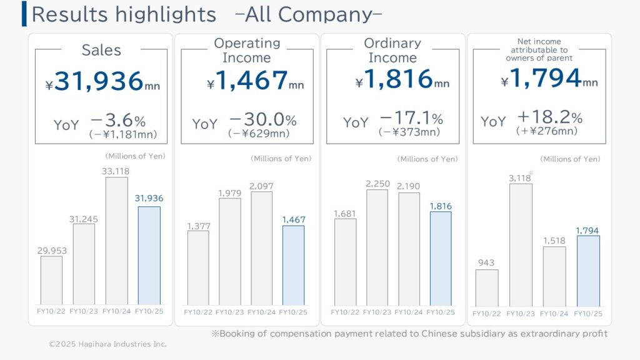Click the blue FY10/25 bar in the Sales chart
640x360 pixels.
pos(149,256)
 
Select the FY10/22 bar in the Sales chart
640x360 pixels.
pos(51,280)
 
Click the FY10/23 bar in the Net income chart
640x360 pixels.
pos(521,244)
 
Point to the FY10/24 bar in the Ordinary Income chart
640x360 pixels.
pos(409,249)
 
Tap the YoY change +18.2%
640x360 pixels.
pos(549,118)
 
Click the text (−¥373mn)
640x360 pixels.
pos(409,132)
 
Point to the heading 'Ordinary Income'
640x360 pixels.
pos(392,51)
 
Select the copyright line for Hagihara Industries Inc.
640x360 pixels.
pos(107,344)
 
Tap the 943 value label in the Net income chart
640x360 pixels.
pos(487,263)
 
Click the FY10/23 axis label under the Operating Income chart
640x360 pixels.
pos(229,312)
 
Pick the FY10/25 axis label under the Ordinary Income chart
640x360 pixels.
pos(441,312)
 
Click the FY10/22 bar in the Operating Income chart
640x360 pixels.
pos(197,267)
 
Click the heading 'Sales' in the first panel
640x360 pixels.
pos(101,51)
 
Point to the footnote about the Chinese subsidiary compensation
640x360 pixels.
pos(409,334)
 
